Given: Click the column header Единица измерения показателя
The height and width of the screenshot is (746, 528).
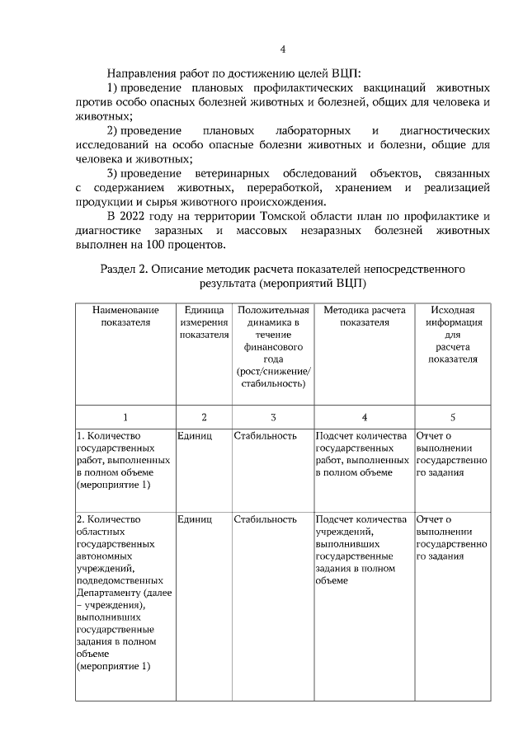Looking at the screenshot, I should click(x=204, y=322).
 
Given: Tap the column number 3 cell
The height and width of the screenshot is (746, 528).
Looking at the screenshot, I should click(x=272, y=417).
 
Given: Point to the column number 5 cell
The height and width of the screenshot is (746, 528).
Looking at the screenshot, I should click(x=452, y=417).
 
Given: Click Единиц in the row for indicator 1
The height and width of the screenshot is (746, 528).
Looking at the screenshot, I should click(x=194, y=435).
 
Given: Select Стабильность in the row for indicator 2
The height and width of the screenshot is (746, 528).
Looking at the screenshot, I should click(x=264, y=519).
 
